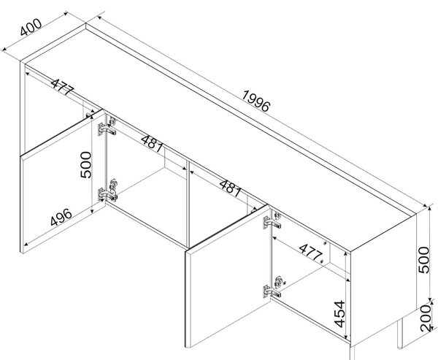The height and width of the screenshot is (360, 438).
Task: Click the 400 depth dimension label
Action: click(x=31, y=28)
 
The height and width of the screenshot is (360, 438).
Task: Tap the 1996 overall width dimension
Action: click(x=256, y=101)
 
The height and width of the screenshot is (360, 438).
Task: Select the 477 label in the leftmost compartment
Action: click(x=62, y=87)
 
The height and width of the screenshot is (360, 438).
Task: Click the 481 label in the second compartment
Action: click(x=153, y=144)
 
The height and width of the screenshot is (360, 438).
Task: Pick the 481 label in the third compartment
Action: click(x=230, y=188)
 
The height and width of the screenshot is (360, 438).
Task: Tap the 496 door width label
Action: click(x=61, y=217)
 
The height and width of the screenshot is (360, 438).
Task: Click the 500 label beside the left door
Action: click(x=85, y=165)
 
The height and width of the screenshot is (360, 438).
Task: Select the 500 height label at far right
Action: click(x=423, y=260)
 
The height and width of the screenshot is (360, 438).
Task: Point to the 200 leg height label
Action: click(x=426, y=318)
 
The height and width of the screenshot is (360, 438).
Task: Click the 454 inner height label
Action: click(x=339, y=314)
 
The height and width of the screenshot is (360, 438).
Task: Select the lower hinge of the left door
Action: click(x=107, y=192)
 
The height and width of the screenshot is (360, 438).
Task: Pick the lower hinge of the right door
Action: click(x=272, y=288)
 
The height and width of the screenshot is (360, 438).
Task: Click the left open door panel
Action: click(x=63, y=182)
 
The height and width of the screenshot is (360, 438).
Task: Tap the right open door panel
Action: click(x=228, y=277)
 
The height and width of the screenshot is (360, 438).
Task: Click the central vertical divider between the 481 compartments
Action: click(x=188, y=204)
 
